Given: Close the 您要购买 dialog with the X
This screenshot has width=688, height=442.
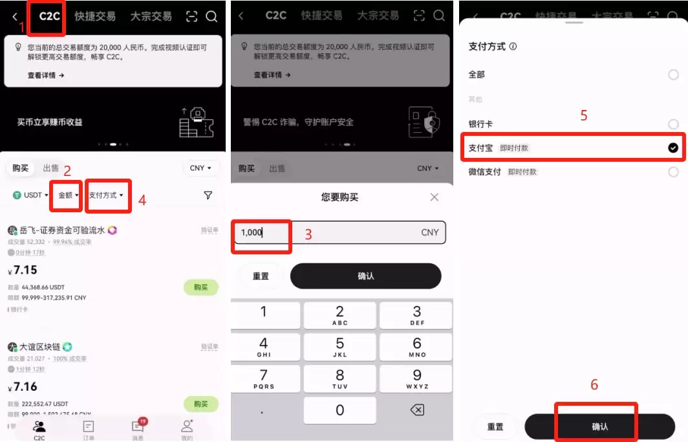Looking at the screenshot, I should click(435, 197).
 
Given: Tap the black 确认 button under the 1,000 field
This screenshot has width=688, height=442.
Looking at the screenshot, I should click(365, 276).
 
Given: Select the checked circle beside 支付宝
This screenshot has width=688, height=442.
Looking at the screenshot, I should click(673, 148).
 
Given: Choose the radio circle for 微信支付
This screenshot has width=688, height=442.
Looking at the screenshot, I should click(673, 172).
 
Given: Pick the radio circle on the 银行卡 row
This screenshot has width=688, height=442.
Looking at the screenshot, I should click(673, 124).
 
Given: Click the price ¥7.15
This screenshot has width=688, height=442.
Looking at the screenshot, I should click(23, 271).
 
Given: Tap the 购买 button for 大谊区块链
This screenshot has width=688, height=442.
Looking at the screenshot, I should click(201, 404).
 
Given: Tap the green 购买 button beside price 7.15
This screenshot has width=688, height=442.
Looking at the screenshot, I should click(201, 287).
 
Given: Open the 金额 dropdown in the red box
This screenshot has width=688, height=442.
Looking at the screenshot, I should click(67, 195).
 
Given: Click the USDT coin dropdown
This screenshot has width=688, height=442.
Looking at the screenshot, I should click(28, 195).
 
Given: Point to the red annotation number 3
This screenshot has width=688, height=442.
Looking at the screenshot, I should click(308, 235).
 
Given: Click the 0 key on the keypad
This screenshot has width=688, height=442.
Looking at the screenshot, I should click(339, 410).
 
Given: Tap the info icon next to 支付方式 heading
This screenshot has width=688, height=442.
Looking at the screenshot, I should click(513, 47).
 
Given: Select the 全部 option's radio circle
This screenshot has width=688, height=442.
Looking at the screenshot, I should click(673, 75).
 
